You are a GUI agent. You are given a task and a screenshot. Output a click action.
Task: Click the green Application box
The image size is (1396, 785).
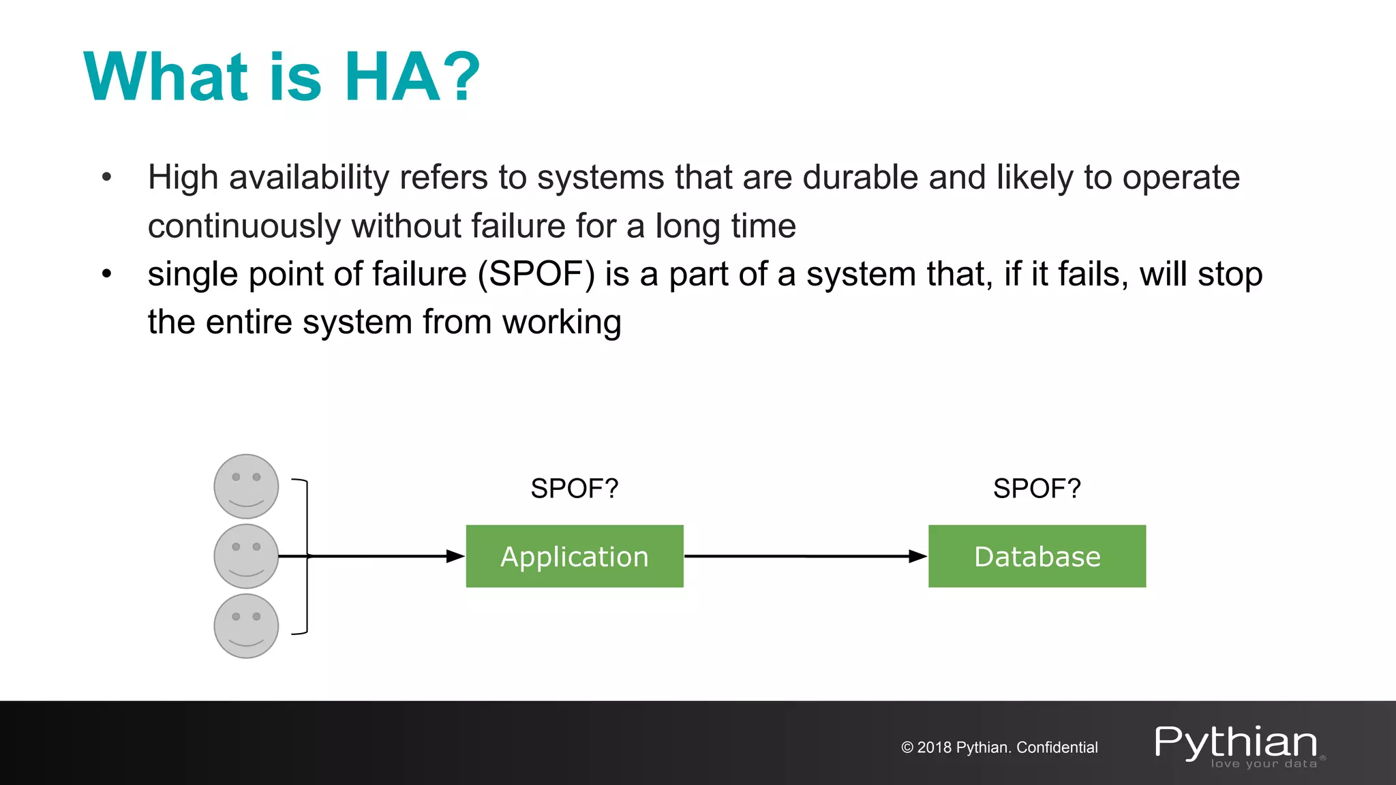[574, 556]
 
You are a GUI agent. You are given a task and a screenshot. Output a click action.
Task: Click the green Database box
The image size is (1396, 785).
[1036, 556]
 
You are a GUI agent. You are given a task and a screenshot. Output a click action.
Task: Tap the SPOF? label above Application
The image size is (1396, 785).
[574, 489]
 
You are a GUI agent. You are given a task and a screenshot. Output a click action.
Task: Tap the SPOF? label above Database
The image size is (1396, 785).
[1036, 489]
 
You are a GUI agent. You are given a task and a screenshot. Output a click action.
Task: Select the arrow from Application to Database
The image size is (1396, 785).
[804, 556]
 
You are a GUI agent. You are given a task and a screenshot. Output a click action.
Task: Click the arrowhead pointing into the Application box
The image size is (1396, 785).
[455, 556]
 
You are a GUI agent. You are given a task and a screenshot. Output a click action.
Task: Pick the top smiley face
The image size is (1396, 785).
[246, 487]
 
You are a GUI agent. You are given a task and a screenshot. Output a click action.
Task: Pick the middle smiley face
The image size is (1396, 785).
[246, 556]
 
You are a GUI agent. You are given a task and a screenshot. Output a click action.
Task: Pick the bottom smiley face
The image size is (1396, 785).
[246, 626]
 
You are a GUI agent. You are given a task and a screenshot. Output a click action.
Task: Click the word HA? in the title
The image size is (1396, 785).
[412, 77]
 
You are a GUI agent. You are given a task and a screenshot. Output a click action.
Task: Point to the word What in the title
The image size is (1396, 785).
[166, 77]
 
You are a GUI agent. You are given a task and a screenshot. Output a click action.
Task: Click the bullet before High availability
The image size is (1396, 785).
[106, 178]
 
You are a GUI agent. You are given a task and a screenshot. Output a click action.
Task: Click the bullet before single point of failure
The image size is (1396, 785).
[106, 275]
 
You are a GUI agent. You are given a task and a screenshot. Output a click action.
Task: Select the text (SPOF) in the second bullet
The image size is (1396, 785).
[536, 275]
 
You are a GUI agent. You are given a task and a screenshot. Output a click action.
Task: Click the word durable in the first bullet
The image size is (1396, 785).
[860, 178]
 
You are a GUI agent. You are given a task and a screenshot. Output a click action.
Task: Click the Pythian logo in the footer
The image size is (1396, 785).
[1236, 744]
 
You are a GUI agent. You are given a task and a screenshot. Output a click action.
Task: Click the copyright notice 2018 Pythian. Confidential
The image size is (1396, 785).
[999, 748]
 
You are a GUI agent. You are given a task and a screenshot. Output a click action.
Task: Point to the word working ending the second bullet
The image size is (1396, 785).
[562, 323]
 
